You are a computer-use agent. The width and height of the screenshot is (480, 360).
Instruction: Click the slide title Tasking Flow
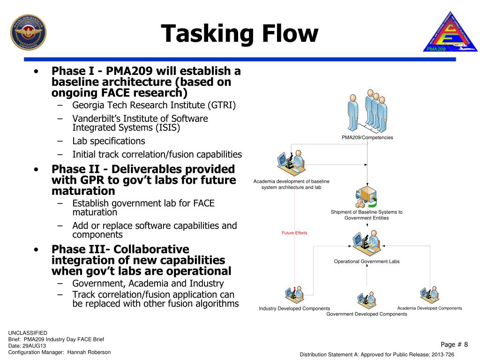pyautogui.click(x=240, y=34)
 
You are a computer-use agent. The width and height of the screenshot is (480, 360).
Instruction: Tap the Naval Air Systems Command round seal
pyautogui.click(x=28, y=32)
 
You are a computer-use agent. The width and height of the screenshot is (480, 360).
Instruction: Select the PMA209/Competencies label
pyautogui.click(x=367, y=137)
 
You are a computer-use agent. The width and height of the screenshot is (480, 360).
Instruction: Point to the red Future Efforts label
pyautogui.click(x=294, y=233)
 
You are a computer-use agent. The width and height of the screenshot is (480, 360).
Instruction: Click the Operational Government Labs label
pyautogui.click(x=367, y=262)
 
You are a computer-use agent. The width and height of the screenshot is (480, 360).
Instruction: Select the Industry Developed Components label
pyautogui.click(x=294, y=308)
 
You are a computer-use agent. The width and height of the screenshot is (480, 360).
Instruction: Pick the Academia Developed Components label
pyautogui.click(x=429, y=308)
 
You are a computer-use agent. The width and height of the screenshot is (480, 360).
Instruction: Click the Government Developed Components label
pyautogui.click(x=367, y=314)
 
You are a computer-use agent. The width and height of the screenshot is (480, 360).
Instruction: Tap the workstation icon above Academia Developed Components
pyautogui.click(x=429, y=294)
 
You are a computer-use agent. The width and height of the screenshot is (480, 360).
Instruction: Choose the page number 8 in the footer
pyautogui.click(x=465, y=345)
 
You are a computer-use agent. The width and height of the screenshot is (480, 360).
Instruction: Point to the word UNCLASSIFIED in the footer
pyautogui.click(x=28, y=332)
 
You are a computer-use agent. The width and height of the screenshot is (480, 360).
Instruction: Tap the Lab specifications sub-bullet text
pyautogui.click(x=109, y=141)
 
